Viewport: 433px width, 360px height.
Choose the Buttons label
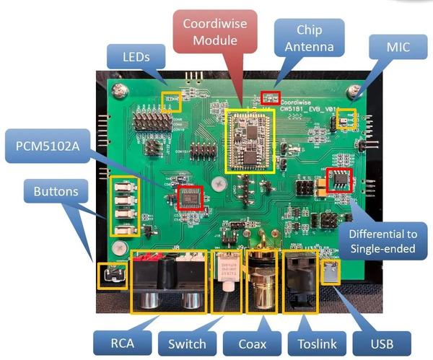56,193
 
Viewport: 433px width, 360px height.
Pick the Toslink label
315,342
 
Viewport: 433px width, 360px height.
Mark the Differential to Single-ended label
380,242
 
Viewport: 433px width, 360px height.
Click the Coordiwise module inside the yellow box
250,139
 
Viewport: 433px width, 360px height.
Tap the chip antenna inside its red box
270,97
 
